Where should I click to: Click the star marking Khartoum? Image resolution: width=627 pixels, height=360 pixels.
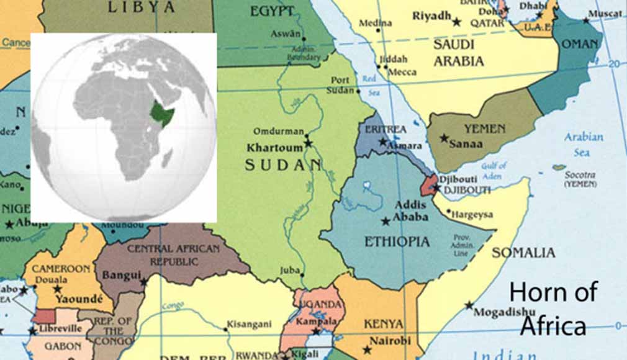click(308, 143)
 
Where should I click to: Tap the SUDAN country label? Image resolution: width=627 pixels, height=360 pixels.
click(283, 165)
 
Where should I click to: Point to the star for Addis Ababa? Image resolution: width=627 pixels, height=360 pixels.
click(386, 221)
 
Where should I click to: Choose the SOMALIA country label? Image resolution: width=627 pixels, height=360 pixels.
click(523, 253)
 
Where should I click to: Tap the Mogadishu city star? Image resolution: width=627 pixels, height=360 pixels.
click(469, 305)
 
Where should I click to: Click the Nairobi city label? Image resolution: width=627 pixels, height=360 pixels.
click(390, 341)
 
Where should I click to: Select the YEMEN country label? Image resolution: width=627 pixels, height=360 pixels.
click(484, 129)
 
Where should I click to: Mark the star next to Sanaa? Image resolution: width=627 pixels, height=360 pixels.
click(444, 138)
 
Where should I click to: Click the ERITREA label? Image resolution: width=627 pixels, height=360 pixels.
click(386, 129)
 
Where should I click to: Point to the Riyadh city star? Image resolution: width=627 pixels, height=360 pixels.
click(457, 22)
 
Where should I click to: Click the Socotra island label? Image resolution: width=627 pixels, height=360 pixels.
click(580, 176)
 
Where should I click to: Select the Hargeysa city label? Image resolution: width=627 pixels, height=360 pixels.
click(472, 215)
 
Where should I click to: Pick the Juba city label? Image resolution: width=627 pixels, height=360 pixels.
click(289, 270)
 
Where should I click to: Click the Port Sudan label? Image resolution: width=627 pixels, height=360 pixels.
click(340, 85)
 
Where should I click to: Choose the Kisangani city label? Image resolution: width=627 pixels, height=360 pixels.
click(249, 324)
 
